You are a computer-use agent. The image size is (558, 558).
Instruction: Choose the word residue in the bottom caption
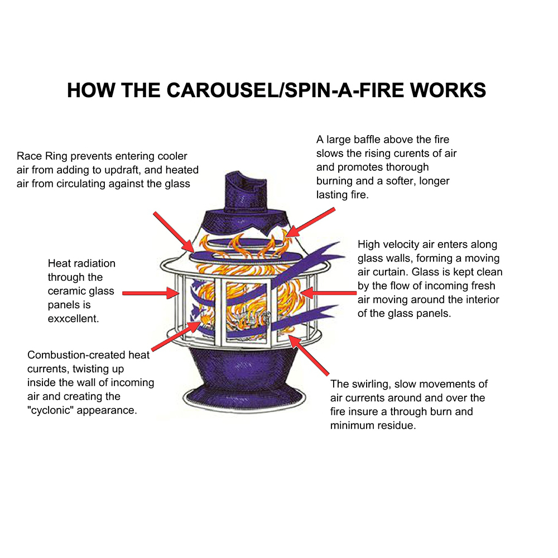coord(397,426)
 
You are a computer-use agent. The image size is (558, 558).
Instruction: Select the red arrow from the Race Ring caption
coord(174,230)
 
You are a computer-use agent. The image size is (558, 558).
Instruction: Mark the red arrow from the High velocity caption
coord(327,292)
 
